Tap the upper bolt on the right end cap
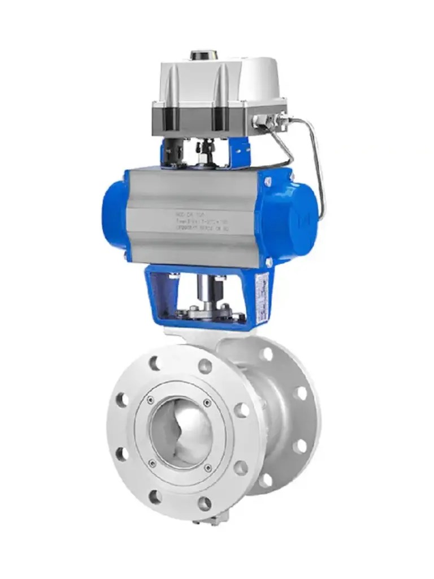[267, 181]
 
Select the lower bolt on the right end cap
[268, 262]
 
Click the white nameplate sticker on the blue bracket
[262, 300]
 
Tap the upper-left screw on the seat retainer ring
[150, 400]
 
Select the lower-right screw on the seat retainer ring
[209, 468]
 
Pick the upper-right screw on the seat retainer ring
[207, 403]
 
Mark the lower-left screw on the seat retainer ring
[152, 464]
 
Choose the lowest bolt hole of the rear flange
[266, 481]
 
